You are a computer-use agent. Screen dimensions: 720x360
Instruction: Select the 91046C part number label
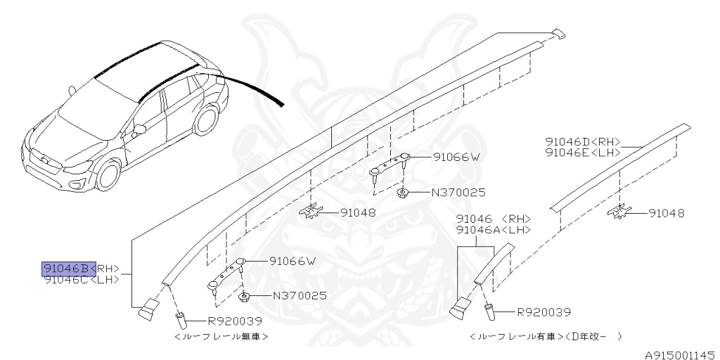click(65, 279)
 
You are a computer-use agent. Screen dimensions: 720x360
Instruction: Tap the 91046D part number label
click(567, 142)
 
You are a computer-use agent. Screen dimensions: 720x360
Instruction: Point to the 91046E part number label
click(567, 153)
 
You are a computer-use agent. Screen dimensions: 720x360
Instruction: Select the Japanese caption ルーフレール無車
click(221, 337)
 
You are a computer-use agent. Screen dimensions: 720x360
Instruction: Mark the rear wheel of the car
click(206, 120)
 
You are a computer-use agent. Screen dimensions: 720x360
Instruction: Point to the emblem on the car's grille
click(44, 160)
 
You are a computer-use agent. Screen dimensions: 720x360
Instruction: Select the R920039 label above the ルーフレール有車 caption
click(544, 313)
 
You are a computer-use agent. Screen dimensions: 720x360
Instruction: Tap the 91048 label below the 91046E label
click(667, 214)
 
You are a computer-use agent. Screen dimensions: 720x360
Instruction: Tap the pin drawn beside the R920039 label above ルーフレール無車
click(181, 320)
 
